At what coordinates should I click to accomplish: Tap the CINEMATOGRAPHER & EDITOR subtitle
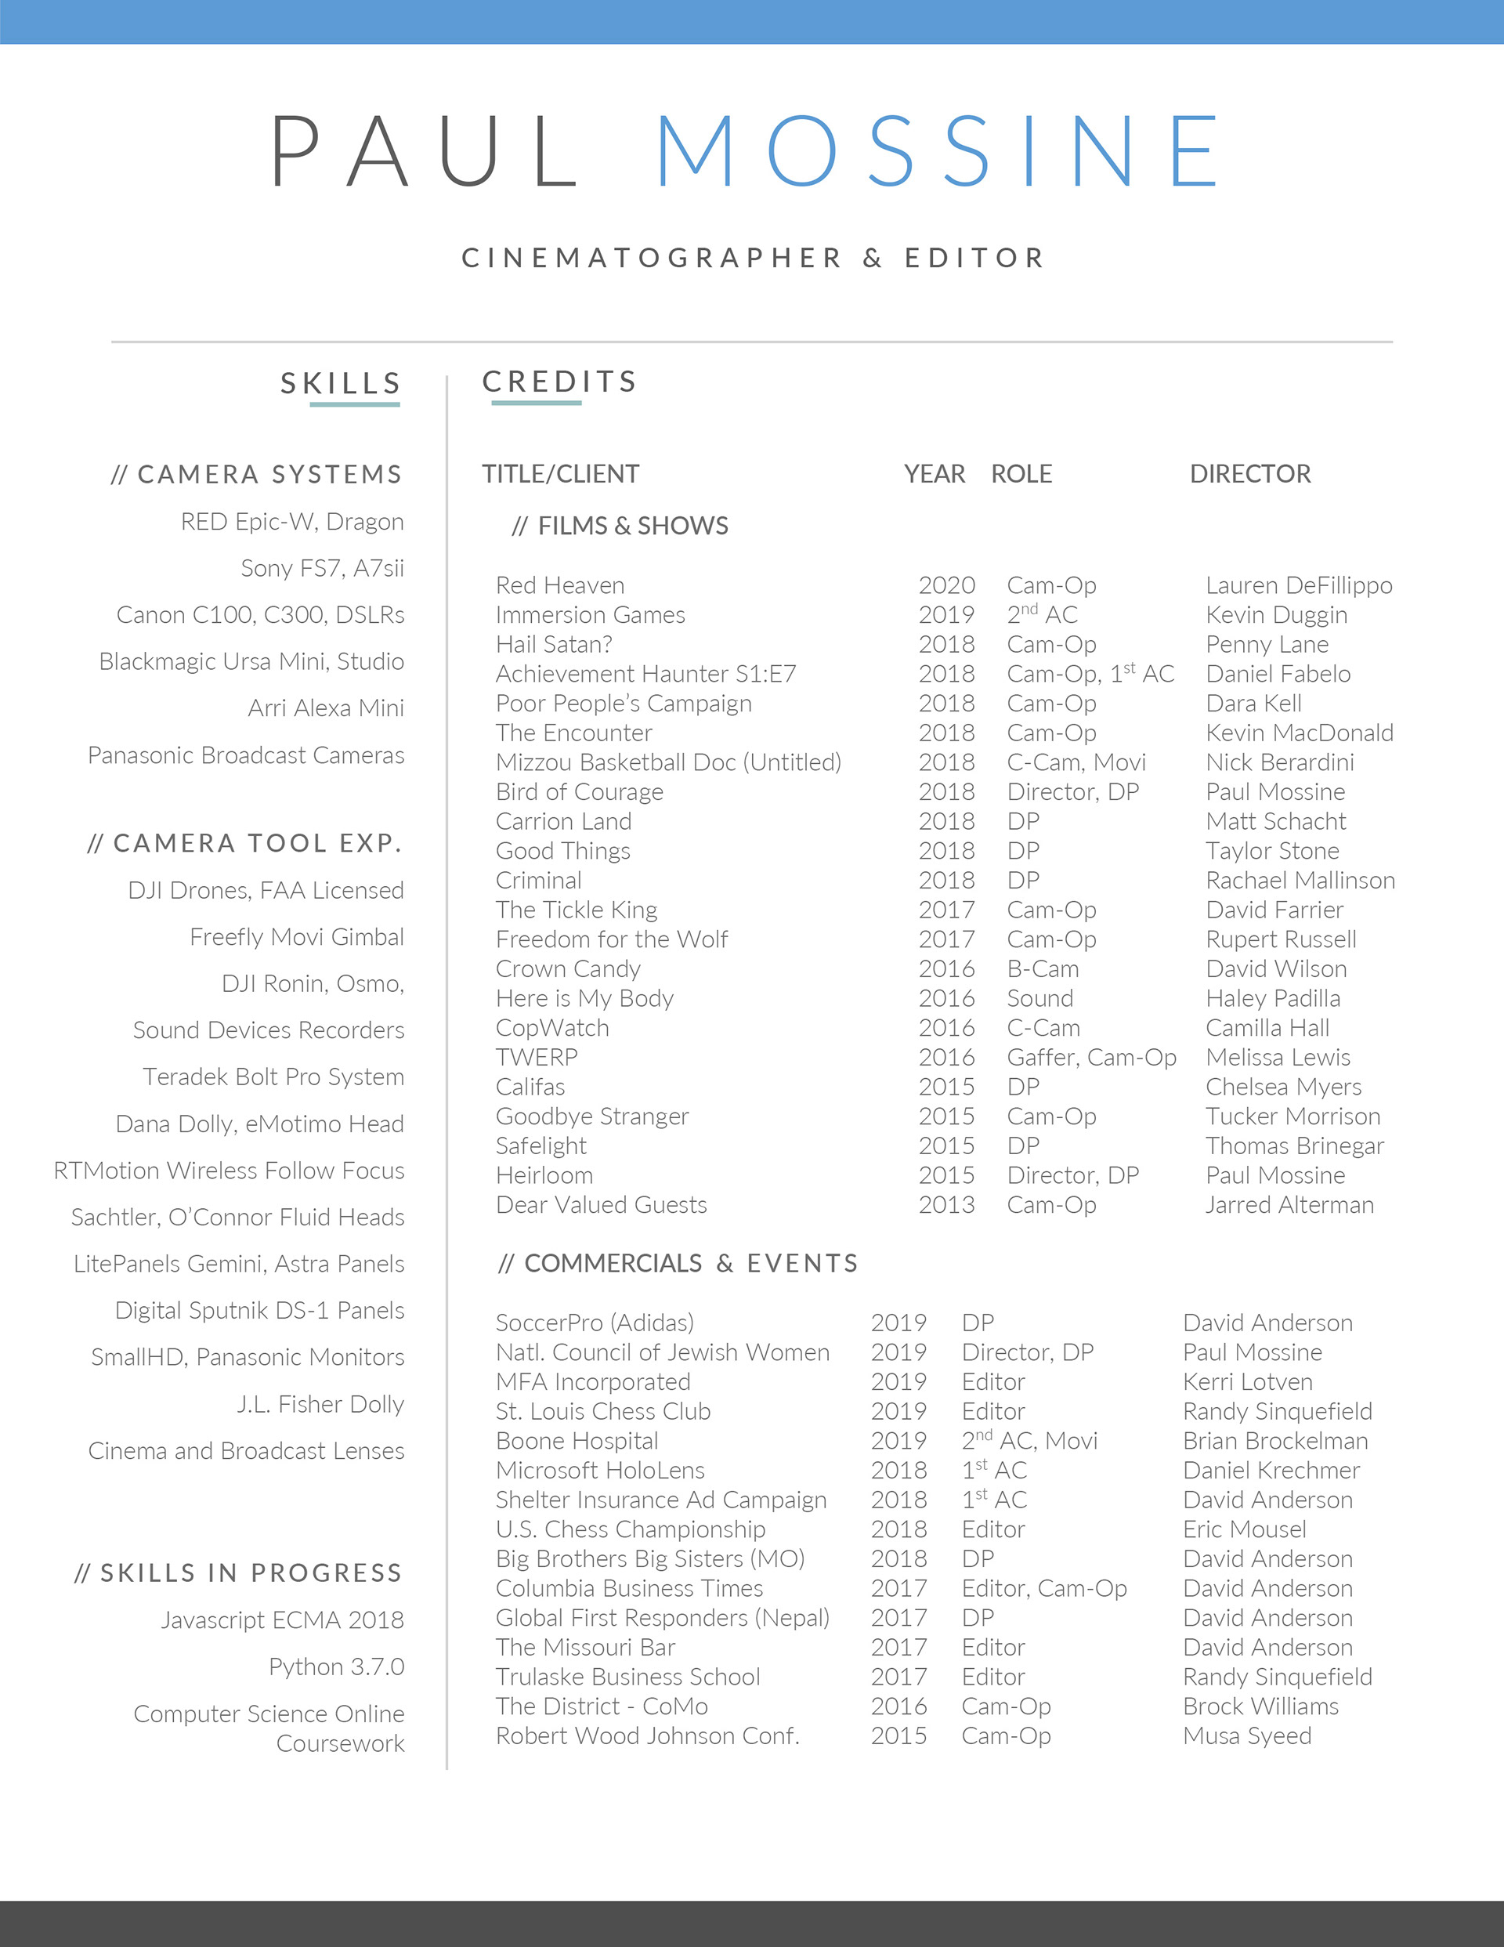[753, 258]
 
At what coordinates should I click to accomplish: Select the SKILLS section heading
[341, 383]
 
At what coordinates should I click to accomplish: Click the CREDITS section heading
[560, 382]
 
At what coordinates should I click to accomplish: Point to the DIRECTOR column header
[1250, 473]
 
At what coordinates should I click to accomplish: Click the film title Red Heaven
[560, 586]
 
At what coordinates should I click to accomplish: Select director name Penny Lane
[1267, 645]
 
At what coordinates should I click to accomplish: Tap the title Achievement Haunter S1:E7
[645, 674]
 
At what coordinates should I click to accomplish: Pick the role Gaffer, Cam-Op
[1091, 1057]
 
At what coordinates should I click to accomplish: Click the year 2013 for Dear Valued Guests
[947, 1205]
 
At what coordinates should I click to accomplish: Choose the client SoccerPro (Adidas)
[595, 1323]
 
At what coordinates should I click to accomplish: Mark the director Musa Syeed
[1247, 1735]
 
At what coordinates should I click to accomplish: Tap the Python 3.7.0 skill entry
[336, 1667]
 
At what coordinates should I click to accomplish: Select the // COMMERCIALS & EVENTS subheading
[678, 1263]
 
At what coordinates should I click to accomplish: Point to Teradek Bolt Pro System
[273, 1077]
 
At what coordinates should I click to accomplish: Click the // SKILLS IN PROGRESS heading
[238, 1572]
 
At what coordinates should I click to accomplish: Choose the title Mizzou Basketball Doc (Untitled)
[667, 762]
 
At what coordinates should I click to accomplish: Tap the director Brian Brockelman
[1275, 1441]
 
